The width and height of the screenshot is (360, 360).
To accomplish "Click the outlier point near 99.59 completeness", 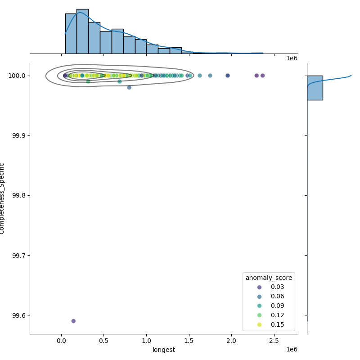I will [73, 321].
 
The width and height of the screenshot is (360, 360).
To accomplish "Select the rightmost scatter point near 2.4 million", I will [262, 76].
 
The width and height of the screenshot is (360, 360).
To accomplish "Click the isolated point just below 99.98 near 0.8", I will [129, 87].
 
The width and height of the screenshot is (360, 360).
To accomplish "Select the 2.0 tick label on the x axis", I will [231, 341].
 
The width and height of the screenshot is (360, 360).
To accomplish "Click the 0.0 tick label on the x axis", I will [61, 341].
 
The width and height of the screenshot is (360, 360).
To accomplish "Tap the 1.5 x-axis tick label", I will [189, 341].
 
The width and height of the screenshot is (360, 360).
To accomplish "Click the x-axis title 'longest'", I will [164, 350].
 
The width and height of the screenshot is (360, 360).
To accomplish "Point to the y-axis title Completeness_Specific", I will [2, 198].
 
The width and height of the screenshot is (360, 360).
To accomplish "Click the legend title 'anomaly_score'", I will [269, 278].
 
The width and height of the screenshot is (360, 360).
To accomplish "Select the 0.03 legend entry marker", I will [259, 287].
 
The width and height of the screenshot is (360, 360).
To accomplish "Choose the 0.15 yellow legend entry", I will [259, 324].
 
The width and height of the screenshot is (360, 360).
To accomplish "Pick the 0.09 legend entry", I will [259, 306].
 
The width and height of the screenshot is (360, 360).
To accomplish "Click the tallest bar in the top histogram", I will [82, 31].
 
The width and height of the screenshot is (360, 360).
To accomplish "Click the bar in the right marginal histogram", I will [315, 88].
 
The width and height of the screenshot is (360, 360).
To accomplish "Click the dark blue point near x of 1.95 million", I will [228, 76].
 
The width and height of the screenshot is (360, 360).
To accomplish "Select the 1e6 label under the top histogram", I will [292, 58].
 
